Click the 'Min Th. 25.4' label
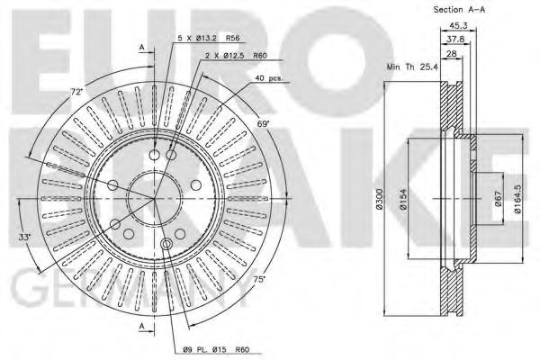(412, 67)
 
